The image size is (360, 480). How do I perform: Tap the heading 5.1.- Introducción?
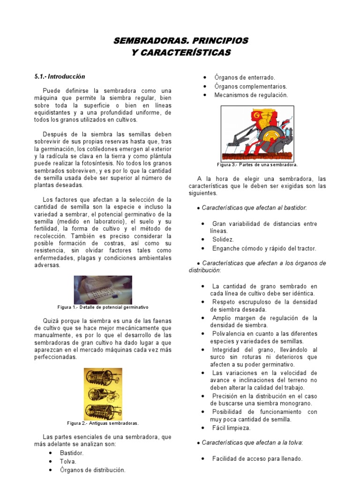(x=60, y=76)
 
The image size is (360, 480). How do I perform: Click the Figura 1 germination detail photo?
(x=103, y=290)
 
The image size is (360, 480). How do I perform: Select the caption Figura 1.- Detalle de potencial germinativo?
(x=103, y=307)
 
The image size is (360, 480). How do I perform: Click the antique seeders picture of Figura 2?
(x=103, y=394)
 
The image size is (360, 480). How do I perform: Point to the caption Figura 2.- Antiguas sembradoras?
(x=103, y=423)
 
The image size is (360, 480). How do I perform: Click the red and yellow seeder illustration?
(x=257, y=134)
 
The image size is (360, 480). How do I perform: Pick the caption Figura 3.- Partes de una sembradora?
(x=257, y=165)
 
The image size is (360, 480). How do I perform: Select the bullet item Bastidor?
(x=72, y=453)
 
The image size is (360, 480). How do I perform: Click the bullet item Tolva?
(x=68, y=462)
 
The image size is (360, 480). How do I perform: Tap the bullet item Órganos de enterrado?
(x=245, y=78)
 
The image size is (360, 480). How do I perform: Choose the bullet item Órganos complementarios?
(x=251, y=86)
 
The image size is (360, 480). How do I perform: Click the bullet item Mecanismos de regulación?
(x=251, y=95)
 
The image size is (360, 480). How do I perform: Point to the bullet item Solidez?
(x=223, y=240)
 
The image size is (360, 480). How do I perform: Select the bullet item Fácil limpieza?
(x=231, y=428)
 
